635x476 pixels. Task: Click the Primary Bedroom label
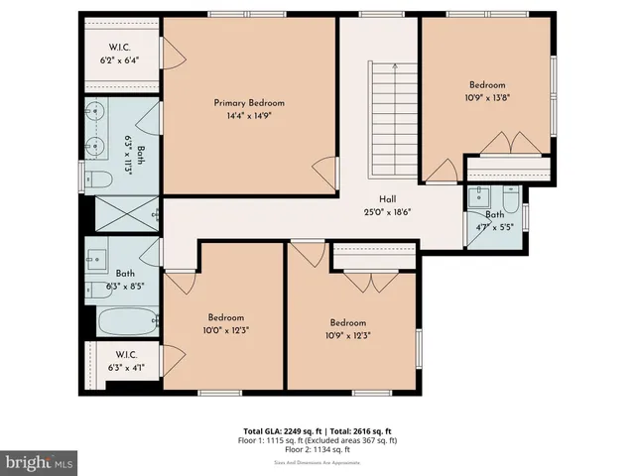(249, 103)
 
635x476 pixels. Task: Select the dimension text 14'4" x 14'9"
(249, 115)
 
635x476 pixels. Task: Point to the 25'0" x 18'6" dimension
(388, 210)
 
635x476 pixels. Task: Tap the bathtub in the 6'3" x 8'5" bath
(127, 320)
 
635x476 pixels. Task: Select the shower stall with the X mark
(126, 210)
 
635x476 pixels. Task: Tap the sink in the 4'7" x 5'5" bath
(478, 193)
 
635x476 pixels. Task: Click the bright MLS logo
(40, 461)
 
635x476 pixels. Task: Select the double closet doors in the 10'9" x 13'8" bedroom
(511, 144)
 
